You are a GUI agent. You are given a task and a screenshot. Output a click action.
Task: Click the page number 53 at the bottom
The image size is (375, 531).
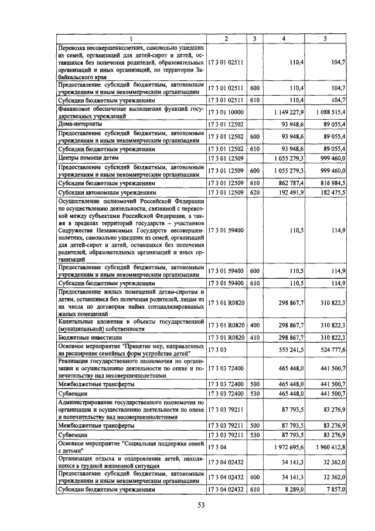(200, 506)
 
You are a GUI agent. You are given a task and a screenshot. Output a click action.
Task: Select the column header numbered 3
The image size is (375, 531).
(254, 39)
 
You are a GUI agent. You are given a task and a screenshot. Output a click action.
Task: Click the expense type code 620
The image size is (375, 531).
(254, 192)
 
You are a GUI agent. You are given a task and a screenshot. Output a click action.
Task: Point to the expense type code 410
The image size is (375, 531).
(254, 337)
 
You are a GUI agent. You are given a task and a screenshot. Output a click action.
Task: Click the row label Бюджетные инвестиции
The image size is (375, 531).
(81, 337)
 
